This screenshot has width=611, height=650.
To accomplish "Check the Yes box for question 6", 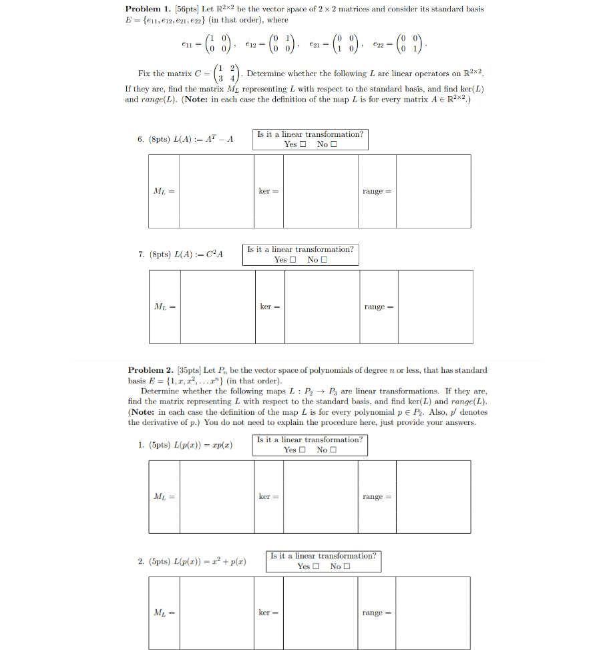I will (x=302, y=144).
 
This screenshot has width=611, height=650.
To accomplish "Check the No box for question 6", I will (x=333, y=144).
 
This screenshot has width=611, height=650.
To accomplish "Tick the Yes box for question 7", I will (x=292, y=260).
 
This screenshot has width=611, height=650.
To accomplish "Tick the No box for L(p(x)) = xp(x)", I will (x=333, y=450).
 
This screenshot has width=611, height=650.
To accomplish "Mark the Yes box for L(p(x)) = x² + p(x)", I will (x=316, y=566).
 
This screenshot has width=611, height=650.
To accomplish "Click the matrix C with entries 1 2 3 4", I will (x=228, y=73).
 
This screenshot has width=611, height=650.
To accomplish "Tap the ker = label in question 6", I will (x=268, y=191).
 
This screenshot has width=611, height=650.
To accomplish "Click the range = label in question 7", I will (x=379, y=307).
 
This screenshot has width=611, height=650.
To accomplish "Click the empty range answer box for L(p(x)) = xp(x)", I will (x=433, y=496).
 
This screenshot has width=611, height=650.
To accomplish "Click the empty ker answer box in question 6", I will (x=321, y=191).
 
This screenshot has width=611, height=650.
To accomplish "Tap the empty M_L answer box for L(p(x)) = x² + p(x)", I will (x=215, y=613).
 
